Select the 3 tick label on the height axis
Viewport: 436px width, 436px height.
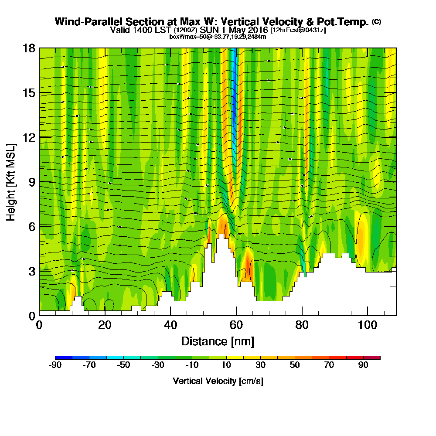tap(31, 270)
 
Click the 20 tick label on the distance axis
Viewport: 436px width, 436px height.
tap(105, 325)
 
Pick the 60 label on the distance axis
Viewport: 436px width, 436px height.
tap(236, 325)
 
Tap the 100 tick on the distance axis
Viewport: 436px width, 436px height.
tap(368, 325)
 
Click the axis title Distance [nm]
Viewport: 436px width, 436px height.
tap(218, 341)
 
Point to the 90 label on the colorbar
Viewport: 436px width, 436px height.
tap(363, 365)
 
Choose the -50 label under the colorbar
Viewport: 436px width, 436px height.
tap(123, 365)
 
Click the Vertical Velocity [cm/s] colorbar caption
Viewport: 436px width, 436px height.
tap(218, 381)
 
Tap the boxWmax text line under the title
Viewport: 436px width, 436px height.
tap(218, 37)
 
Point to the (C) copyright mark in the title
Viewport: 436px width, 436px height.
tap(376, 21)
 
